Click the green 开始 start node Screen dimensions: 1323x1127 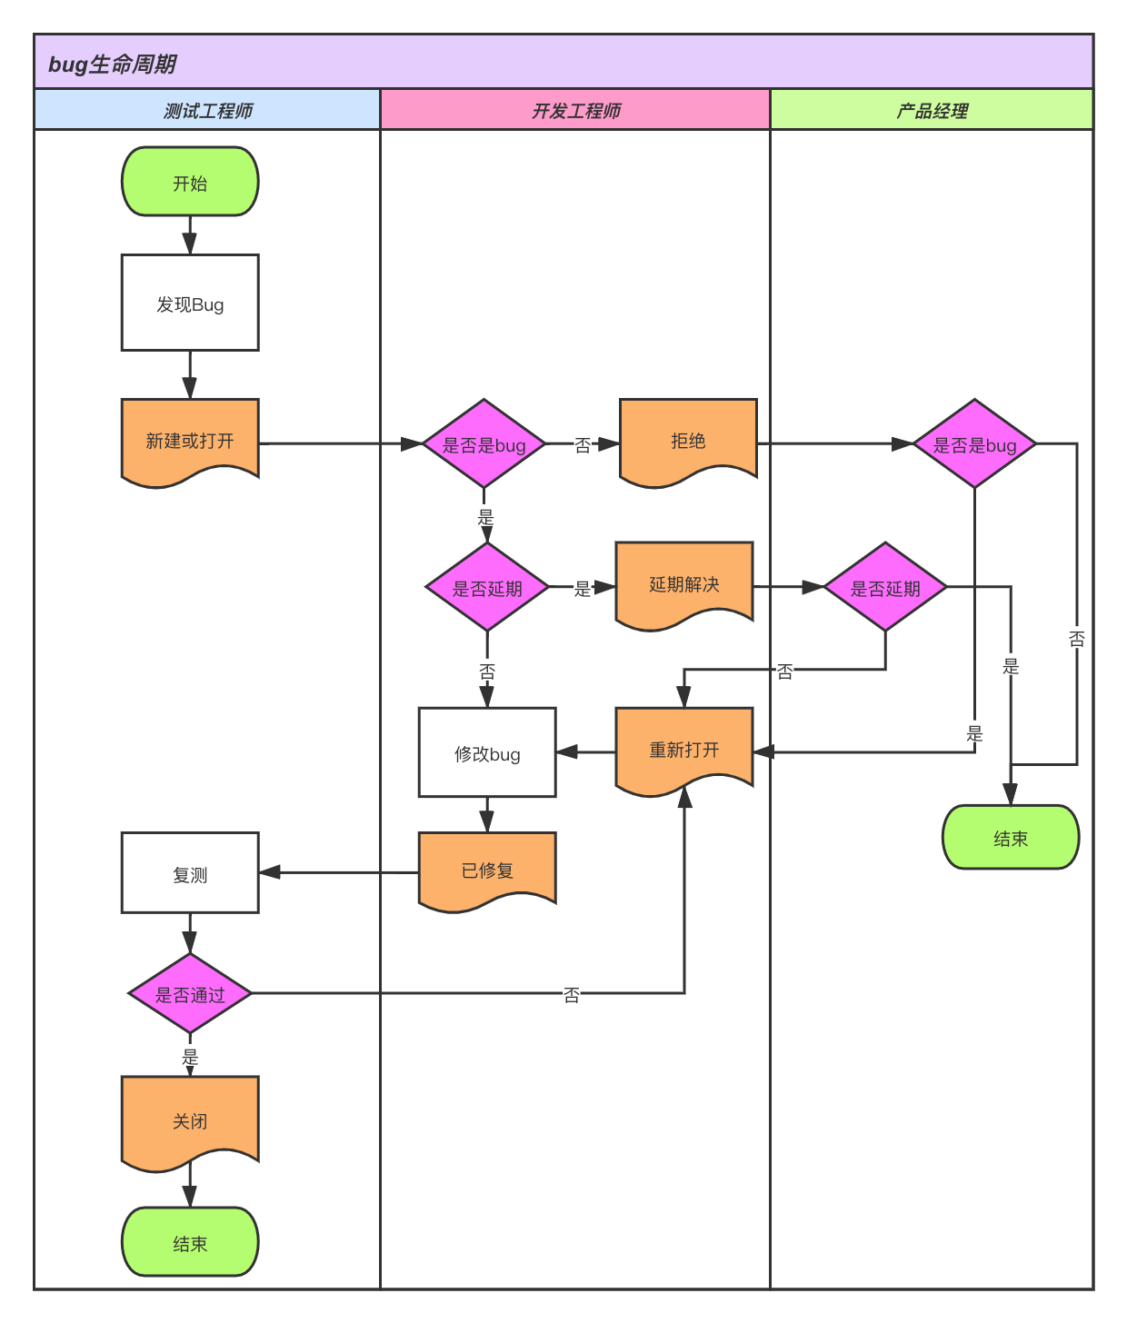pos(190,182)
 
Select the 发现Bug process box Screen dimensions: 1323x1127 pos(190,303)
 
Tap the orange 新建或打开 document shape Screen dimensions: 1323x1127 pos(190,441)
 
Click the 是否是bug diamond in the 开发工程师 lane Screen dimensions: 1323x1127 pos(484,444)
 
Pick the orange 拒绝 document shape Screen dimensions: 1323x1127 pos(688,441)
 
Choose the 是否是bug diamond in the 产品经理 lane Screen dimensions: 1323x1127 pos(974,444)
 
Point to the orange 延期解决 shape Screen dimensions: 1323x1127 pos(684,584)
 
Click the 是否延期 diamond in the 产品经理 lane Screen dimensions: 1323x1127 pos(885,588)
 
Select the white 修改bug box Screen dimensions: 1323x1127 pos(487,752)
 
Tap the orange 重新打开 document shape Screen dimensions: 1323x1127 pos(684,750)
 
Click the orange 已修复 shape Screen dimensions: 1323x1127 pos(487,870)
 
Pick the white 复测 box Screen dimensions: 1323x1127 pos(190,873)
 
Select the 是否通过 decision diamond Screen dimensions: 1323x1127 pos(190,994)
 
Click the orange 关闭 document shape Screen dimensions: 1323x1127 pos(190,1120)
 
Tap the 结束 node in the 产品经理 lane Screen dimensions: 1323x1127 pos(1011,838)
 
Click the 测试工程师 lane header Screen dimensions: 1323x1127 pos(207,110)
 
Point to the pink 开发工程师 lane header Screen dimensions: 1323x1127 pos(575,110)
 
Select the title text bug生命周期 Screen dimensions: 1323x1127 pos(112,64)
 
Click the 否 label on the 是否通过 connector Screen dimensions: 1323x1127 pos(571,995)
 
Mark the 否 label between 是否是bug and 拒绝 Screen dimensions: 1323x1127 pos(583,445)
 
